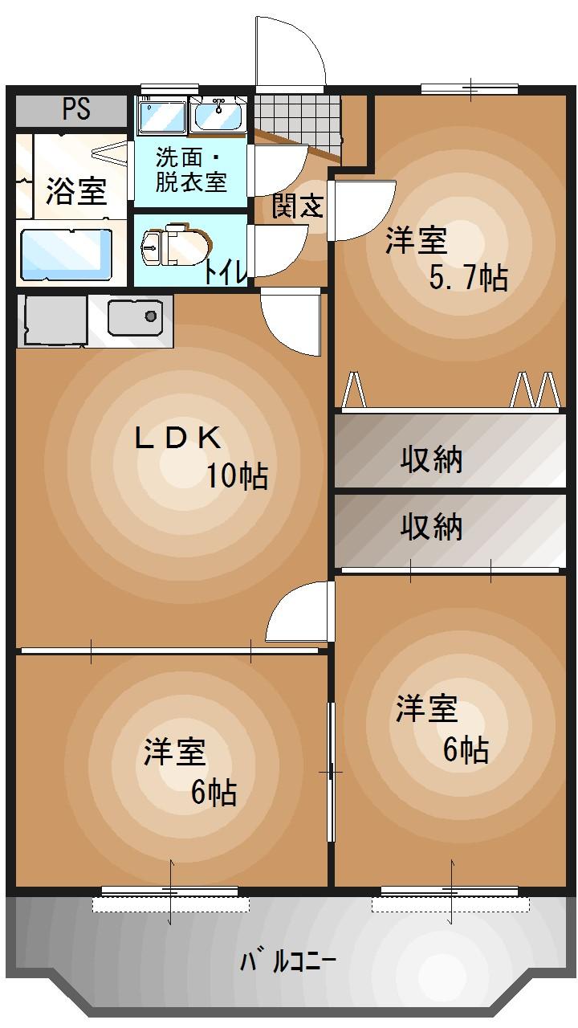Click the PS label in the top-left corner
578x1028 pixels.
(x=76, y=109)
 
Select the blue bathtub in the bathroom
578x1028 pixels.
(x=66, y=254)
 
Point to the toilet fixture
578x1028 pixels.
(x=173, y=247)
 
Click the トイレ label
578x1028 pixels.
(x=225, y=271)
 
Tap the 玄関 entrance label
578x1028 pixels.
(x=297, y=206)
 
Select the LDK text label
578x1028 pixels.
(x=177, y=438)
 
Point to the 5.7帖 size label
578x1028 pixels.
(x=468, y=278)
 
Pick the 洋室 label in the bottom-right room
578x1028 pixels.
(x=426, y=709)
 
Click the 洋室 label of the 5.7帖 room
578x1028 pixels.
(x=416, y=240)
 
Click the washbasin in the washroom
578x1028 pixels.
(x=218, y=116)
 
